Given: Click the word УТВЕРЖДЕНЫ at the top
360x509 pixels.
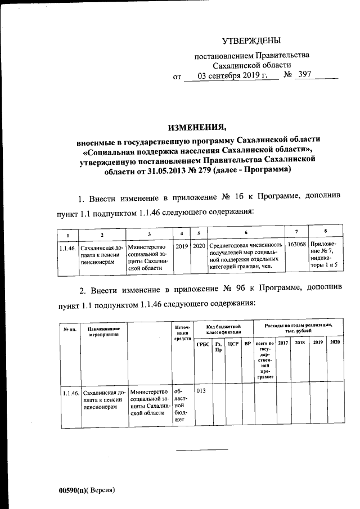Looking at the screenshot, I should pyautogui.click(x=251, y=40).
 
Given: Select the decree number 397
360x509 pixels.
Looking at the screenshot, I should pyautogui.click(x=303, y=75).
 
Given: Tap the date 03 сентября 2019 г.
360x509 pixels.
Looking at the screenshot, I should pyautogui.click(x=231, y=75).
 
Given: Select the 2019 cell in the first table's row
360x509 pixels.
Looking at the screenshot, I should pyautogui.click(x=182, y=246).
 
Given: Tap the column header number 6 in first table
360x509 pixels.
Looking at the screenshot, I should pyautogui.click(x=246, y=233).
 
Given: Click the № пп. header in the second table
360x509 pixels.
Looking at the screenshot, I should pyautogui.click(x=70, y=328).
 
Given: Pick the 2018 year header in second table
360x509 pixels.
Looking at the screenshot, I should pyautogui.click(x=300, y=343).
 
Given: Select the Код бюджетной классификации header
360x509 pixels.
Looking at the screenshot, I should pyautogui.click(x=223, y=329).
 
